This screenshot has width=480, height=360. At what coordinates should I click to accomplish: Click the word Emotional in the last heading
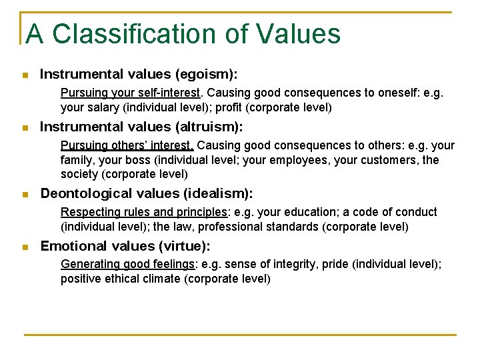(x=74, y=246)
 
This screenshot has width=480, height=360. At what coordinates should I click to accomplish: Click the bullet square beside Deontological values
(x=25, y=195)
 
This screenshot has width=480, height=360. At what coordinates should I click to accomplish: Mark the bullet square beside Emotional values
(x=25, y=247)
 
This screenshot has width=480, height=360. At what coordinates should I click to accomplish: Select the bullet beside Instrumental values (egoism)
(x=25, y=75)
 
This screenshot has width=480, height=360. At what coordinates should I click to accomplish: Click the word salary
(x=101, y=107)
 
